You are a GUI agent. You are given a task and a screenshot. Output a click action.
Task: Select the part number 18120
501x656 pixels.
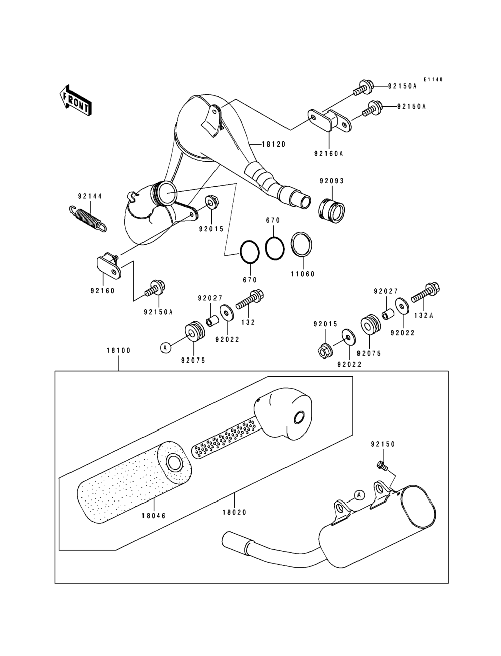tap(274, 144)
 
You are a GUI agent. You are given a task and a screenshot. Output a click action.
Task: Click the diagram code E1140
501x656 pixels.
tap(433, 80)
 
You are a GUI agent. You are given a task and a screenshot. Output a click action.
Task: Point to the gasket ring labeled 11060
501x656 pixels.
tap(302, 244)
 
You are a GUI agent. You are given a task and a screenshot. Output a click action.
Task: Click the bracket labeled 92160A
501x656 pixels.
tap(329, 121)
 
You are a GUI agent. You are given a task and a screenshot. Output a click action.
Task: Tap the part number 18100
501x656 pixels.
tap(119, 350)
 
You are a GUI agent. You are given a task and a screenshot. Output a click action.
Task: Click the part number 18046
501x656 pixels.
tap(154, 515)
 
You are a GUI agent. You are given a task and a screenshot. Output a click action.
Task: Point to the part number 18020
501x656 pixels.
tap(234, 512)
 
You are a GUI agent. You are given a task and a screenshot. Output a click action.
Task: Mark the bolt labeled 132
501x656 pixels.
tap(250, 301)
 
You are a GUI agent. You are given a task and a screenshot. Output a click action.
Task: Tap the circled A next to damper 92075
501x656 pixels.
tap(166, 347)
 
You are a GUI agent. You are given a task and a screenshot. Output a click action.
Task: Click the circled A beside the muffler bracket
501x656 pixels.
tap(359, 495)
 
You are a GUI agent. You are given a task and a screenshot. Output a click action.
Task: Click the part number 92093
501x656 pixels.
tap(332, 181)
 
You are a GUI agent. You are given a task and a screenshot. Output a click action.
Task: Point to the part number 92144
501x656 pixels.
tap(90, 196)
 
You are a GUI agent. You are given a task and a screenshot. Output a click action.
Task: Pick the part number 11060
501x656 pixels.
tap(303, 274)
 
